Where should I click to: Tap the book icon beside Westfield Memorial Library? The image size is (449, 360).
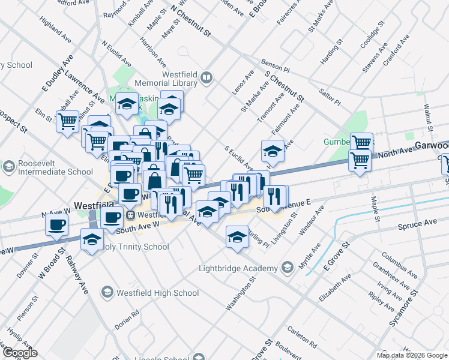click(x=206, y=77)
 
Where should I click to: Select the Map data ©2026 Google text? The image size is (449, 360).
click(x=412, y=355)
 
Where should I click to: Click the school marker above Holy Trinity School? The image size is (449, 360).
click(x=92, y=240)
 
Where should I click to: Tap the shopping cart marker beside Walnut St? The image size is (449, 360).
click(x=68, y=121)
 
